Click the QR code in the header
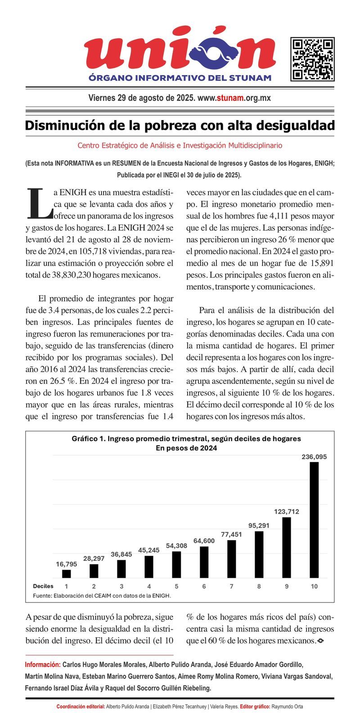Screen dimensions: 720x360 (312, 59)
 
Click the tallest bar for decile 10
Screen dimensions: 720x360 (314, 520)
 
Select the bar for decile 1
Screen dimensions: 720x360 (67, 574)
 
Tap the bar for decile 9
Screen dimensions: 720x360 (287, 548)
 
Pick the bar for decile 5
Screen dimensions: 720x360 (176, 564)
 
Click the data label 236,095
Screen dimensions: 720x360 (314, 457)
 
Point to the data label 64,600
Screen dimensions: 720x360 (204, 540)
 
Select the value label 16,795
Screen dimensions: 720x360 (67, 564)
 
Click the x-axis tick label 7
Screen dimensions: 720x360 (232, 586)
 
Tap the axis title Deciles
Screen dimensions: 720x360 (43, 586)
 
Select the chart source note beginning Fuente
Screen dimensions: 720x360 (102, 595)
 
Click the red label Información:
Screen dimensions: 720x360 (43, 664)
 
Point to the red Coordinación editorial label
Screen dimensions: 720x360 (81, 706)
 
